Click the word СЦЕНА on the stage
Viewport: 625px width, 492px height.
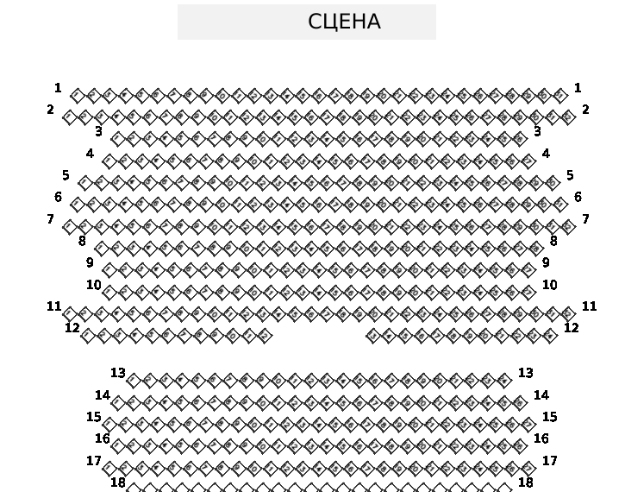click(344, 22)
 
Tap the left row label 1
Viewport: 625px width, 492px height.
click(58, 88)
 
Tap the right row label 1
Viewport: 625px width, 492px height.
click(578, 88)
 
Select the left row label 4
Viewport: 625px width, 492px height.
click(90, 154)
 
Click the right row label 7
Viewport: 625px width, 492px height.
click(585, 219)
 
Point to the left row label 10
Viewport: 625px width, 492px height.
click(93, 285)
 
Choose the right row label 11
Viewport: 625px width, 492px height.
click(589, 306)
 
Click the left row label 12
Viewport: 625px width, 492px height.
click(72, 328)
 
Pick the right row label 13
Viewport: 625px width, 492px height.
click(525, 373)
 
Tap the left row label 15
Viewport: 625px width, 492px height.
click(93, 417)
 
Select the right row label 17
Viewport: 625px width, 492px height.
click(549, 461)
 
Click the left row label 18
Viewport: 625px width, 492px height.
click(117, 483)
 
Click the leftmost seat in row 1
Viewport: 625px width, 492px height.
click(77, 94)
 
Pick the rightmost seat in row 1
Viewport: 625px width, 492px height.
click(559, 94)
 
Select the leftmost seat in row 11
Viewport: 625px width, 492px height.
click(69, 313)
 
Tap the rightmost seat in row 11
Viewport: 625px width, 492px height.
click(567, 313)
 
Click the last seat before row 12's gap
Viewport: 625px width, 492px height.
click(264, 335)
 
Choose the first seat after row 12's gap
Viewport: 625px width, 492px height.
click(372, 335)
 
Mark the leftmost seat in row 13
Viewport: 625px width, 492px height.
click(134, 380)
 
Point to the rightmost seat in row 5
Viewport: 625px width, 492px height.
click(552, 182)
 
